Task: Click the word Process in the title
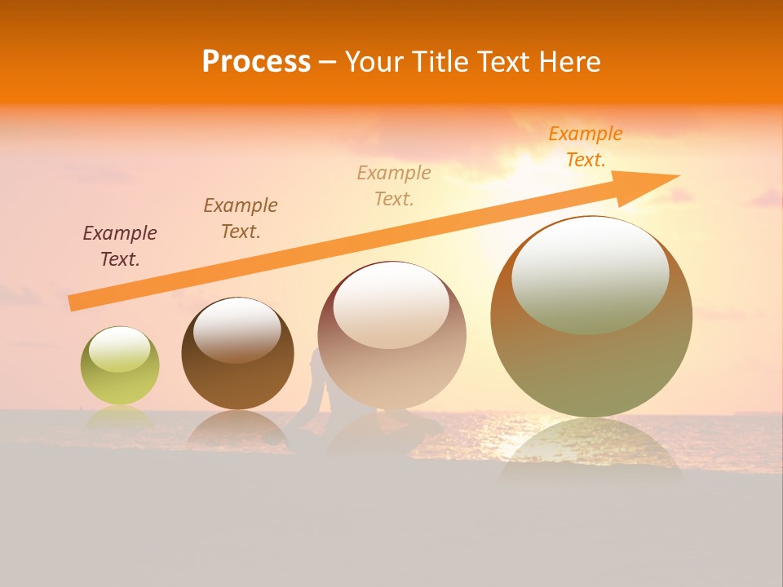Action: [x=256, y=62]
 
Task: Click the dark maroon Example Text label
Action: [x=120, y=246]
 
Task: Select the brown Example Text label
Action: [x=241, y=218]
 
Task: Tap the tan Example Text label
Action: [x=394, y=186]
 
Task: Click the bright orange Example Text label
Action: [x=586, y=147]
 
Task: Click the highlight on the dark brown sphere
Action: [x=237, y=329]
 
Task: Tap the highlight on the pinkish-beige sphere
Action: [x=391, y=306]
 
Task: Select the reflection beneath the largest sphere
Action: [x=591, y=452]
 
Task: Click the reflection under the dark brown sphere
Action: [x=237, y=428]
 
